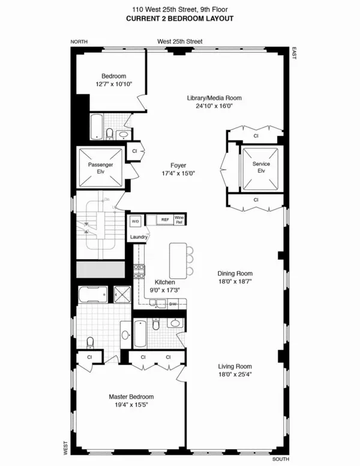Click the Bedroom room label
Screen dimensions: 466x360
(x=113, y=76)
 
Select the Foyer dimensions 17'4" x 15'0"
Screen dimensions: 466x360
(x=178, y=173)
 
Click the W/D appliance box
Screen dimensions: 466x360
(x=135, y=221)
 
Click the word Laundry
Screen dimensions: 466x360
(x=139, y=236)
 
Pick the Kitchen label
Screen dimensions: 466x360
(x=164, y=281)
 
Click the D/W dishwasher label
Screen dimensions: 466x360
(x=173, y=304)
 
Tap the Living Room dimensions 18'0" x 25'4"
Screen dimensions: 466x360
(x=235, y=374)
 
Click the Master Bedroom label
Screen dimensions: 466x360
(x=131, y=396)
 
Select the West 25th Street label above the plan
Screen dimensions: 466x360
(x=179, y=41)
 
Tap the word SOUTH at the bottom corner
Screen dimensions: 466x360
(x=280, y=459)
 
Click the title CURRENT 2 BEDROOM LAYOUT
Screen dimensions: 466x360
(x=179, y=19)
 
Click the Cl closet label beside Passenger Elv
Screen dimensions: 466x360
(x=134, y=151)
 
